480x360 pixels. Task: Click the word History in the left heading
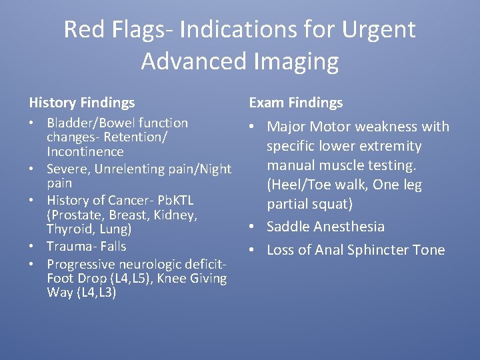(52, 103)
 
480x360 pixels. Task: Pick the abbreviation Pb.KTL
(175, 200)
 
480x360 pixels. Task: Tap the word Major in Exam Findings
(287, 127)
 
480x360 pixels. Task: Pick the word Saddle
(288, 227)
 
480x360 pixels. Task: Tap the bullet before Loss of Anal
(253, 250)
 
